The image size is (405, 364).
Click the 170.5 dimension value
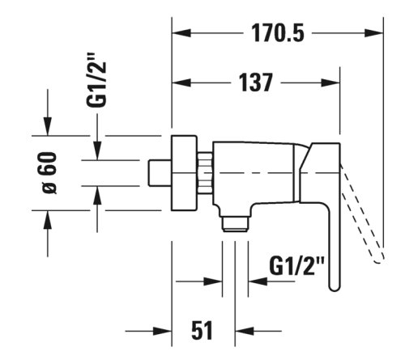click(x=278, y=33)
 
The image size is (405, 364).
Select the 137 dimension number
click(x=256, y=83)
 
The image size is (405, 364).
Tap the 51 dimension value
click(x=202, y=330)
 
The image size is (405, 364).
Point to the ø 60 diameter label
click(x=49, y=173)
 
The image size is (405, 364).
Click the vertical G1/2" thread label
click(x=96, y=80)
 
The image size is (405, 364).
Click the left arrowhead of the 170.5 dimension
click(x=181, y=33)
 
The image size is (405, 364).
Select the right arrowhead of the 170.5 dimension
click(x=374, y=33)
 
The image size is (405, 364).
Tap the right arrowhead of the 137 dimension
click(x=330, y=83)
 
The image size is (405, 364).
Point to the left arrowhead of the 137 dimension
click(x=181, y=83)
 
